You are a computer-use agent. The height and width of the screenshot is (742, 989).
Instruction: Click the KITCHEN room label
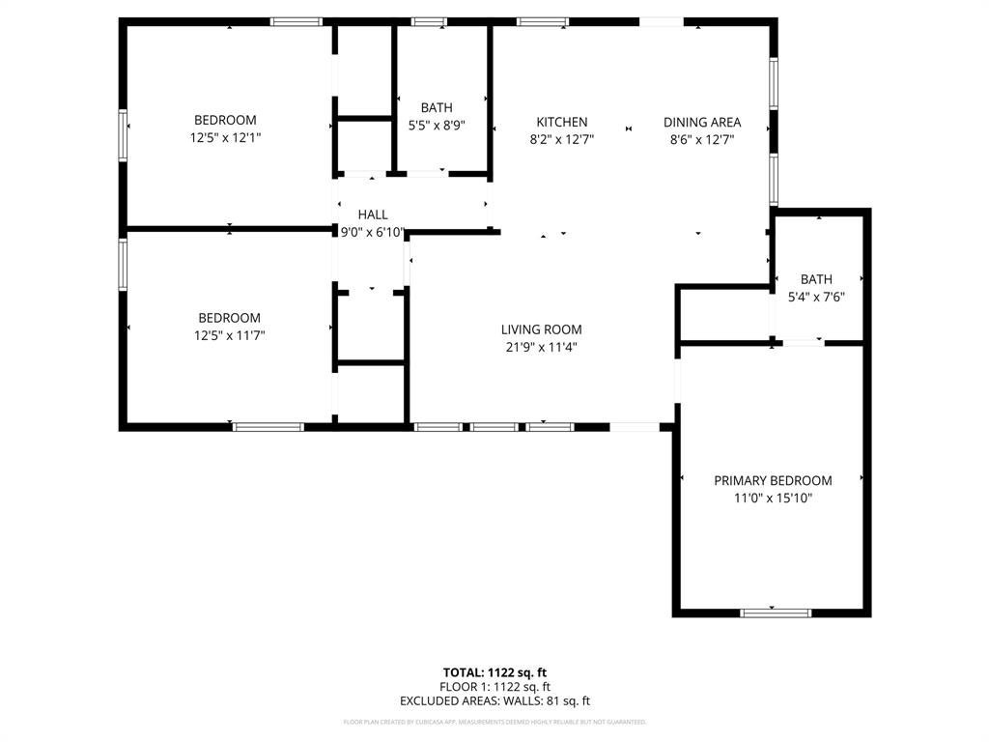pos(562,122)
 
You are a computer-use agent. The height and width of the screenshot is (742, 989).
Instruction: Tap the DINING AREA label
pos(702,122)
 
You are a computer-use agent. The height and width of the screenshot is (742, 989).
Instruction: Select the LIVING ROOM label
pos(541,329)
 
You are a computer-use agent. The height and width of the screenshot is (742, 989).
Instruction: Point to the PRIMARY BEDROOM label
pos(773,480)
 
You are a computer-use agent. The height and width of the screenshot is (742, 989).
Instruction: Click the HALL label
pos(373,214)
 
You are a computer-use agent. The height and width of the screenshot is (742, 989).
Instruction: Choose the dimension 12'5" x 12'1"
pos(225,138)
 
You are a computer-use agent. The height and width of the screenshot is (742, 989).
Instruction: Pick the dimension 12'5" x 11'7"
pos(229,335)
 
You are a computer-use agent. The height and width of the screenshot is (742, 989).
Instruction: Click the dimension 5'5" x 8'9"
pos(437,125)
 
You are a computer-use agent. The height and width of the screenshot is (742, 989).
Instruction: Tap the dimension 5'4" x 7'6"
pos(816,297)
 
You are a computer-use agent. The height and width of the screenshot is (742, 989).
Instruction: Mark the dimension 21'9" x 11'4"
pos(541,347)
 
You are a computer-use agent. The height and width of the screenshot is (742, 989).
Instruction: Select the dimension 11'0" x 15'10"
pos(773,498)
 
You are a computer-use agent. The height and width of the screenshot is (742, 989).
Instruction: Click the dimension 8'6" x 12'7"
pos(702,139)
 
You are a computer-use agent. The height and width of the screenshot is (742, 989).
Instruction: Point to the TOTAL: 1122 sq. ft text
pos(494,672)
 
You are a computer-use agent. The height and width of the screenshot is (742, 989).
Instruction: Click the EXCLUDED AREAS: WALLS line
pos(494,701)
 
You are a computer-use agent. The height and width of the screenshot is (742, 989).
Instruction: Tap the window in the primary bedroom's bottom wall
pos(776,612)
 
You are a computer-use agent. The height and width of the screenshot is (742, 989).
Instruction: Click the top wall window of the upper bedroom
pos(296,21)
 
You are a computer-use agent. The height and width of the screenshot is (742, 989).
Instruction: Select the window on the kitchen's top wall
pos(542,21)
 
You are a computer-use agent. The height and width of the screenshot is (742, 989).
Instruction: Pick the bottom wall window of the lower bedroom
pos(268,426)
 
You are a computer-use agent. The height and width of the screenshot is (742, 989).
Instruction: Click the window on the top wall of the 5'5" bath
pos(429,21)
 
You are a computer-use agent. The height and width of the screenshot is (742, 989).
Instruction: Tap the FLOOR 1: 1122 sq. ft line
pos(494,687)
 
